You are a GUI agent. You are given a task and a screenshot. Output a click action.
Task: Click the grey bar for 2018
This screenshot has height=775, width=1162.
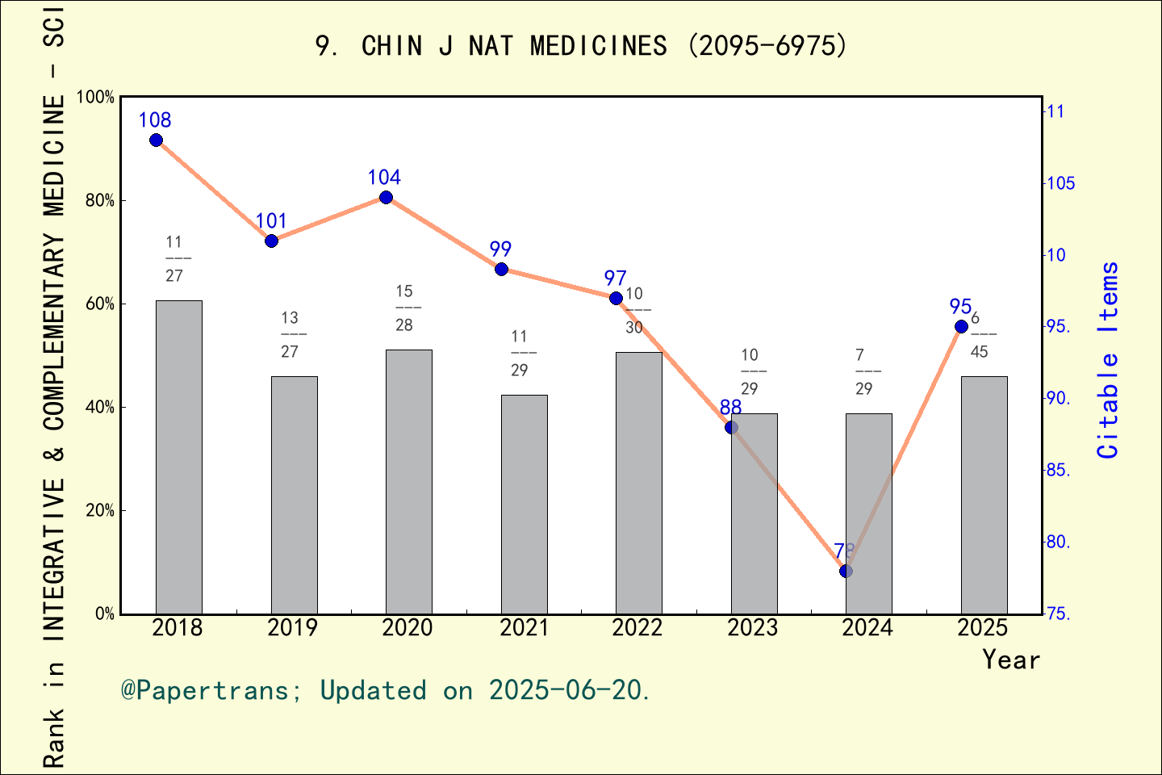(x=178, y=457)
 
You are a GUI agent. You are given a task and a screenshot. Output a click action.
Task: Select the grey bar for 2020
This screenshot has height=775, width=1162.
(x=408, y=481)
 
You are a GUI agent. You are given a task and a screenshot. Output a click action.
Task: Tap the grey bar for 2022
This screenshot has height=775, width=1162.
(x=638, y=483)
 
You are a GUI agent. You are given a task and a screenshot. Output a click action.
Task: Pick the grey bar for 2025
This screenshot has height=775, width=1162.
(x=984, y=495)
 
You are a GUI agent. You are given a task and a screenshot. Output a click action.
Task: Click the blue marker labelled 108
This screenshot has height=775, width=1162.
(x=157, y=140)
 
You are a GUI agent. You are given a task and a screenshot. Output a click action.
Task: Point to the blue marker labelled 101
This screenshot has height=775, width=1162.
(x=271, y=241)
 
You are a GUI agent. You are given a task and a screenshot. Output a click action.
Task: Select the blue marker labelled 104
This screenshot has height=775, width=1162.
(x=386, y=198)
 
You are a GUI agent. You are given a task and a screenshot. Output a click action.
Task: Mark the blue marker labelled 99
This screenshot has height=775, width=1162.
(x=501, y=269)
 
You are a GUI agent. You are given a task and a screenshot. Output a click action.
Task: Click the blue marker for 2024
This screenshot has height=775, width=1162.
(x=846, y=572)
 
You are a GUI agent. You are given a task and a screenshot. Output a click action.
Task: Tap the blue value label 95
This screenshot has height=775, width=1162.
(x=960, y=307)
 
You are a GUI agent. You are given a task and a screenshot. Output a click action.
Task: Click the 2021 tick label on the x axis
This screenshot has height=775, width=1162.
(x=523, y=628)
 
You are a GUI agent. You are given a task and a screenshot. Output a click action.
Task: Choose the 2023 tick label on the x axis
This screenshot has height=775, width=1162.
(x=753, y=628)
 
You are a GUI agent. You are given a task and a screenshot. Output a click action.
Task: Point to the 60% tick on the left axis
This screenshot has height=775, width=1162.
(x=101, y=304)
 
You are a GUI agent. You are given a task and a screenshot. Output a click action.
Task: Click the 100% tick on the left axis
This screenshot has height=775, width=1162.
(x=95, y=98)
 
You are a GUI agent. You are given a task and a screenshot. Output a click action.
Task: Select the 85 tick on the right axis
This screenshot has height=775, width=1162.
(x=1058, y=471)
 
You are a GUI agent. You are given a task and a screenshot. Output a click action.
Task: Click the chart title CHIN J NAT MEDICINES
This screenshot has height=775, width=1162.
(x=581, y=46)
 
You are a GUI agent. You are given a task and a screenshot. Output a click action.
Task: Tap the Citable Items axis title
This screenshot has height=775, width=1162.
(x=1109, y=360)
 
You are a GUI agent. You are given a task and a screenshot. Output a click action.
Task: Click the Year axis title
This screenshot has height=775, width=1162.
(x=1010, y=660)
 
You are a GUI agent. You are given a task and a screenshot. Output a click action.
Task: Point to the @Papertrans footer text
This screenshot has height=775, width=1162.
(x=385, y=691)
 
